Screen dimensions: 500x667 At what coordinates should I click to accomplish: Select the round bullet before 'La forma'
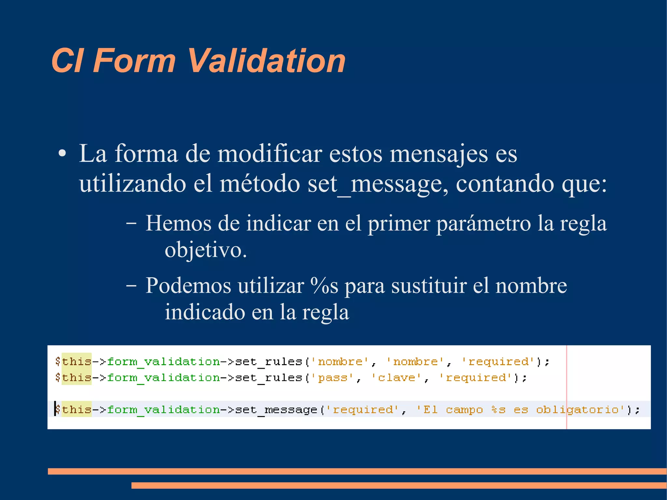click(62, 154)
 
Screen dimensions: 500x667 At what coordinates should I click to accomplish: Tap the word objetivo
click(206, 250)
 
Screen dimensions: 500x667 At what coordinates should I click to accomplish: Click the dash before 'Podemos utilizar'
click(131, 286)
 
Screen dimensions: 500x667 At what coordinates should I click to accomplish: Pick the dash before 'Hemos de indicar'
click(131, 224)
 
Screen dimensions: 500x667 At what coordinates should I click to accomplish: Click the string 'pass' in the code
click(333, 378)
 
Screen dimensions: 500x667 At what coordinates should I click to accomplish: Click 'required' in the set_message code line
click(362, 409)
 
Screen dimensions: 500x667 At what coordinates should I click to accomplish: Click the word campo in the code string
click(464, 409)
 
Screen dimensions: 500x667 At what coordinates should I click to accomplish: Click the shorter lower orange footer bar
click(399, 485)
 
